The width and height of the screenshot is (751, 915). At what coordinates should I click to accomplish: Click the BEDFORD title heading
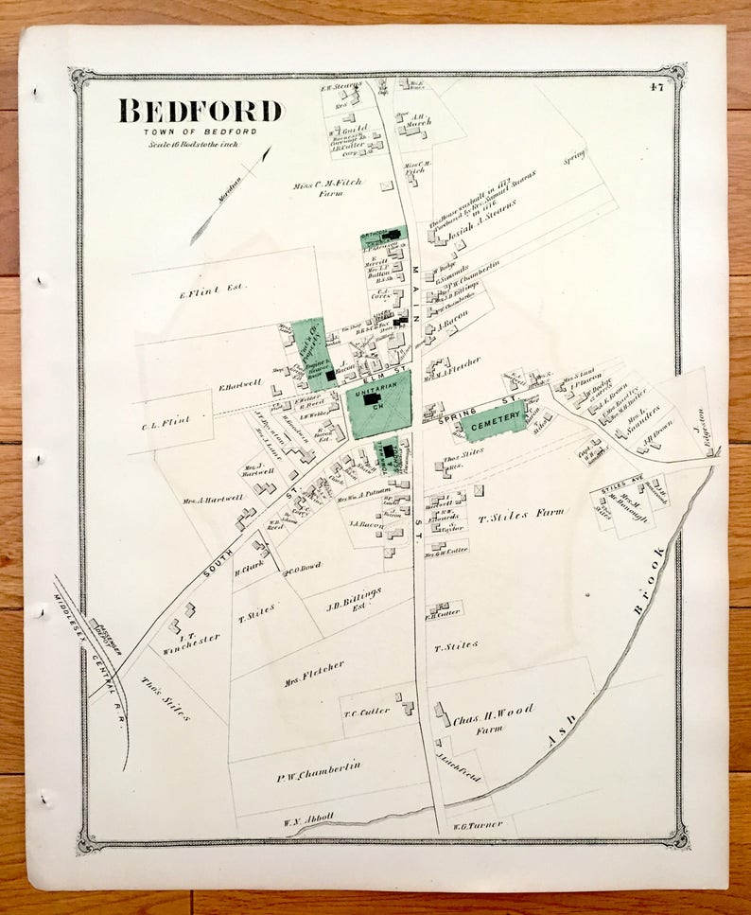coord(201,111)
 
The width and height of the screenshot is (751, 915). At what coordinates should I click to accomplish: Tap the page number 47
coord(655,90)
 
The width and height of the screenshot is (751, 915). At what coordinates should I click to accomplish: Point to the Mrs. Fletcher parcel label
coord(314,670)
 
